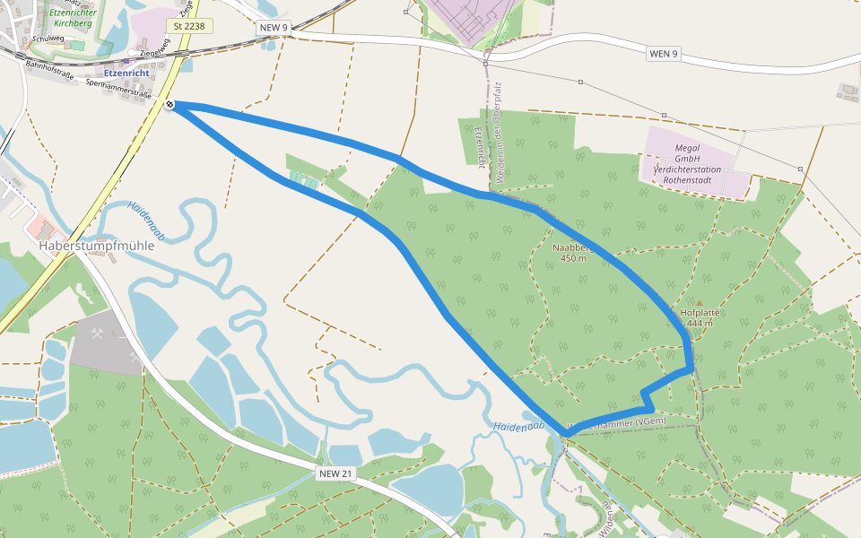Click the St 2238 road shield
click(x=189, y=27)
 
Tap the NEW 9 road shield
click(x=274, y=28)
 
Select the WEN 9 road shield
click(x=663, y=54)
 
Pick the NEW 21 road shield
click(x=335, y=473)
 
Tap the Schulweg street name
click(x=47, y=39)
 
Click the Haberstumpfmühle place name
click(x=97, y=245)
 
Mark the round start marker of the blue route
click(x=170, y=106)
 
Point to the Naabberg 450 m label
click(x=572, y=252)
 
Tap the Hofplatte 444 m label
click(x=700, y=317)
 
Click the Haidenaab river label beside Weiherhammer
click(x=519, y=428)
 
